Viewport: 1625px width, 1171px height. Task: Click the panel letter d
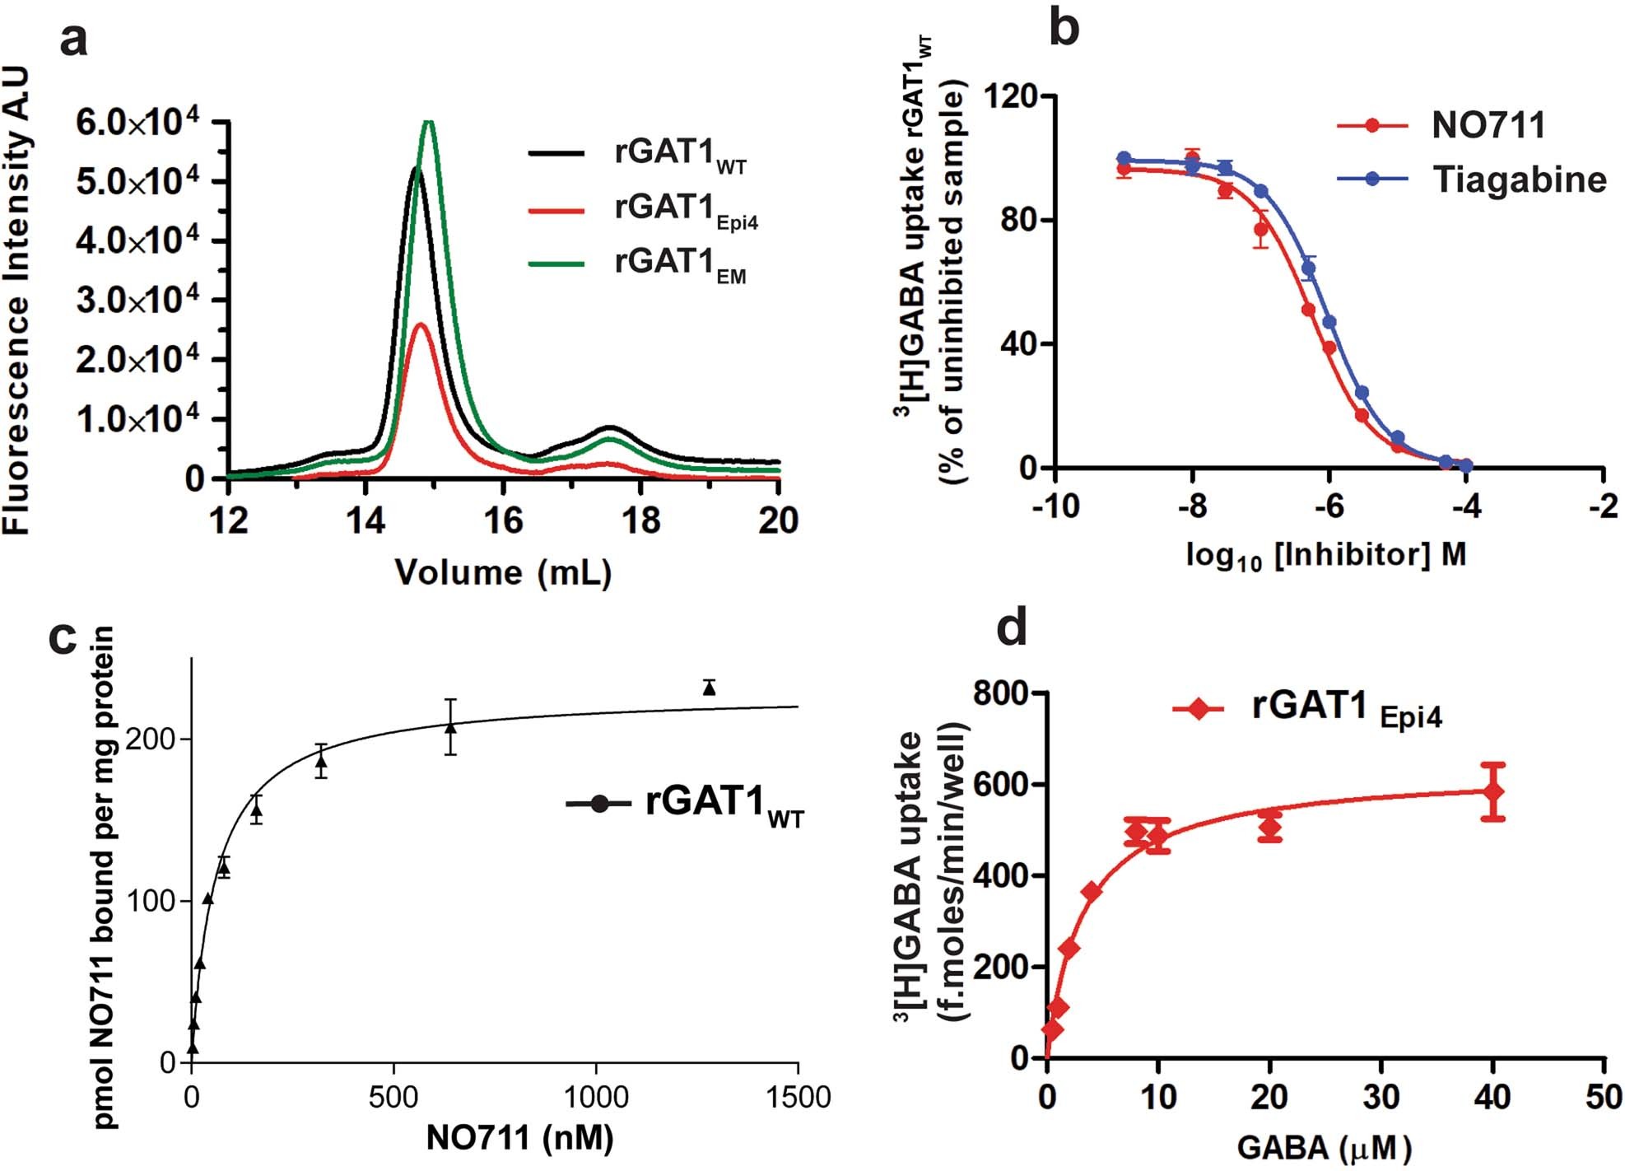click(x=1012, y=628)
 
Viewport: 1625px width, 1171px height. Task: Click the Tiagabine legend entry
click(x=1519, y=179)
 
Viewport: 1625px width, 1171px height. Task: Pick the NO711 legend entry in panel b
click(x=1488, y=125)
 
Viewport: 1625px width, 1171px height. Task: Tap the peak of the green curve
click(x=428, y=124)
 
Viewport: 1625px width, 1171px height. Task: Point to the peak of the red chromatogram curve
click(x=421, y=324)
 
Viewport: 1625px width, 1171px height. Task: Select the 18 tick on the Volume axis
click(x=640, y=520)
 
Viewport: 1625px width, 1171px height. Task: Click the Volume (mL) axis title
click(x=503, y=572)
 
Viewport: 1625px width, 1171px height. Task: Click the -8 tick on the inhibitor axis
click(x=1192, y=506)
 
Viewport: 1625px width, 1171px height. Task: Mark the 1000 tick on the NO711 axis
click(x=595, y=1097)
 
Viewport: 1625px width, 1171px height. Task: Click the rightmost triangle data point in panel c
click(x=710, y=688)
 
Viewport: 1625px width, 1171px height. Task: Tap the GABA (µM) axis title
click(x=1325, y=1147)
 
